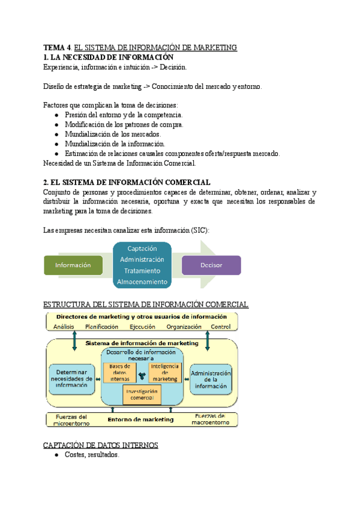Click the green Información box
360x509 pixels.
(73, 265)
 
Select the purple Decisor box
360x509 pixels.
(211, 265)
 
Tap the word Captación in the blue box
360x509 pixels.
(142, 248)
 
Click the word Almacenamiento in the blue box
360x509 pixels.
(142, 281)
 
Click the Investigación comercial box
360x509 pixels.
(142, 394)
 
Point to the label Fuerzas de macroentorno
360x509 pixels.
(209, 419)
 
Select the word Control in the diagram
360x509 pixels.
(220, 327)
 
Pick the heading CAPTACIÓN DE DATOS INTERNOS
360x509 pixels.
(101, 445)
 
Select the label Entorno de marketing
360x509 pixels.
(142, 420)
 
